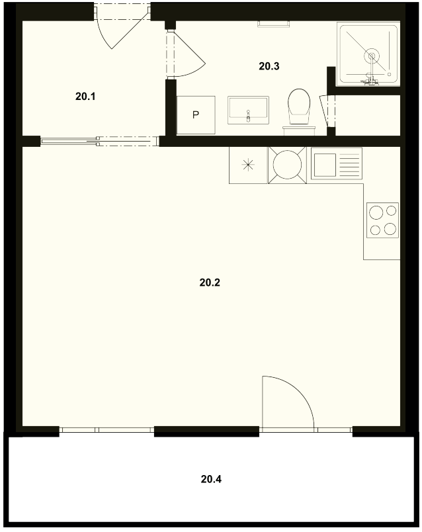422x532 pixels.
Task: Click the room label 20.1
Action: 85,97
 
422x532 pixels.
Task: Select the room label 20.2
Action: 210,283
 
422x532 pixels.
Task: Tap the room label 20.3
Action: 269,66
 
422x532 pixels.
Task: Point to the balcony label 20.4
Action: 211,479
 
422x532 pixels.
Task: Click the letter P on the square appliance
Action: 195,115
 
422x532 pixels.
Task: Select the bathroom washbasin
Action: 249,111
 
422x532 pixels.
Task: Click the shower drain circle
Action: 372,56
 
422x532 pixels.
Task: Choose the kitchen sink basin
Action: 325,165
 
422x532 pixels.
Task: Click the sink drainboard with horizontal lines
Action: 349,165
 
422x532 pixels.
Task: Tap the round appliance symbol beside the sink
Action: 287,165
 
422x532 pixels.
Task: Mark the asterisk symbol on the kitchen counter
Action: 248,165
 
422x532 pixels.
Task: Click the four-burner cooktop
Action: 383,220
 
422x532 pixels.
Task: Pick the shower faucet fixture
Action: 370,81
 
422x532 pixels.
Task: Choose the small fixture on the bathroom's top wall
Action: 273,23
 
